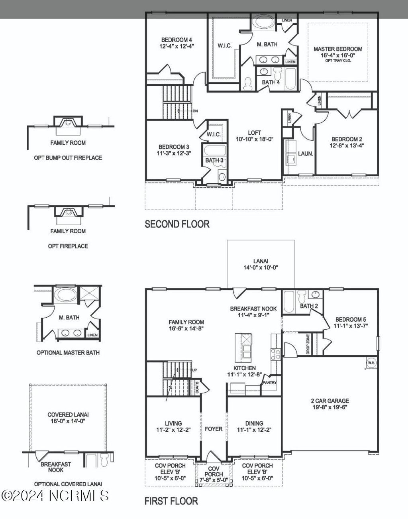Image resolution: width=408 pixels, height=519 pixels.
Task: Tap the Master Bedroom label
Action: coord(338,49)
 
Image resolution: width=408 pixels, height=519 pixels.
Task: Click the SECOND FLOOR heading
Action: coord(177,224)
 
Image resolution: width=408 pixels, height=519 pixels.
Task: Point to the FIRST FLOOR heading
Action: coord(171,501)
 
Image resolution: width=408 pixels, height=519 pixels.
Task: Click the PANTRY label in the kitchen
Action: coord(269,383)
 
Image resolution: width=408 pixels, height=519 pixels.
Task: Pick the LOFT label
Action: coord(254,133)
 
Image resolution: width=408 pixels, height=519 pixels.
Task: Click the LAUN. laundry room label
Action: coord(305,153)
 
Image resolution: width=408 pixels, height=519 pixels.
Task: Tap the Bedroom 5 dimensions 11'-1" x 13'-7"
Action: coord(351,326)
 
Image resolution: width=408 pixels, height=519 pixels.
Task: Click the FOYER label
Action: coord(214,429)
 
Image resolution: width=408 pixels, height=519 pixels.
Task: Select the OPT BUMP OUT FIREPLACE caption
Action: coord(68,158)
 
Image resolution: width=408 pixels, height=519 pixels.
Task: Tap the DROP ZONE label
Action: coord(308,344)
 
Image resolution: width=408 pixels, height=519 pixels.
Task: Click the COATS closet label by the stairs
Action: coord(197,387)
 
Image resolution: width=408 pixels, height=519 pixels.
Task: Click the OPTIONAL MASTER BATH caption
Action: coord(68,353)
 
